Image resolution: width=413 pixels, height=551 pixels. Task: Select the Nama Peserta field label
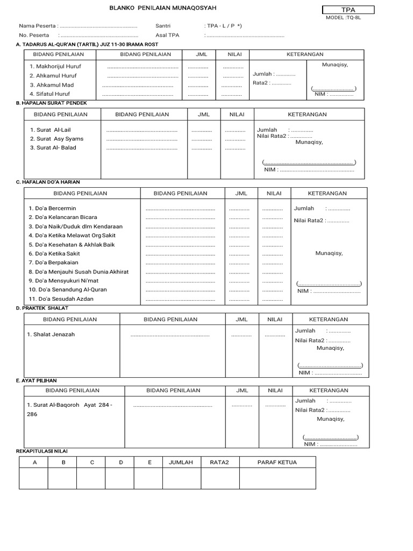point(38,26)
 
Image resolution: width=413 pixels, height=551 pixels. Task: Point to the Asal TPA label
point(167,36)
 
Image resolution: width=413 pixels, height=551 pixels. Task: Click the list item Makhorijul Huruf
point(55,66)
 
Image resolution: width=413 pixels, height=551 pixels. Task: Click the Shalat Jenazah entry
point(51,334)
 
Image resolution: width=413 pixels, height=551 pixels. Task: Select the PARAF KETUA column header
point(277,462)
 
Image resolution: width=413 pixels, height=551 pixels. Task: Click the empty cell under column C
point(92,479)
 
